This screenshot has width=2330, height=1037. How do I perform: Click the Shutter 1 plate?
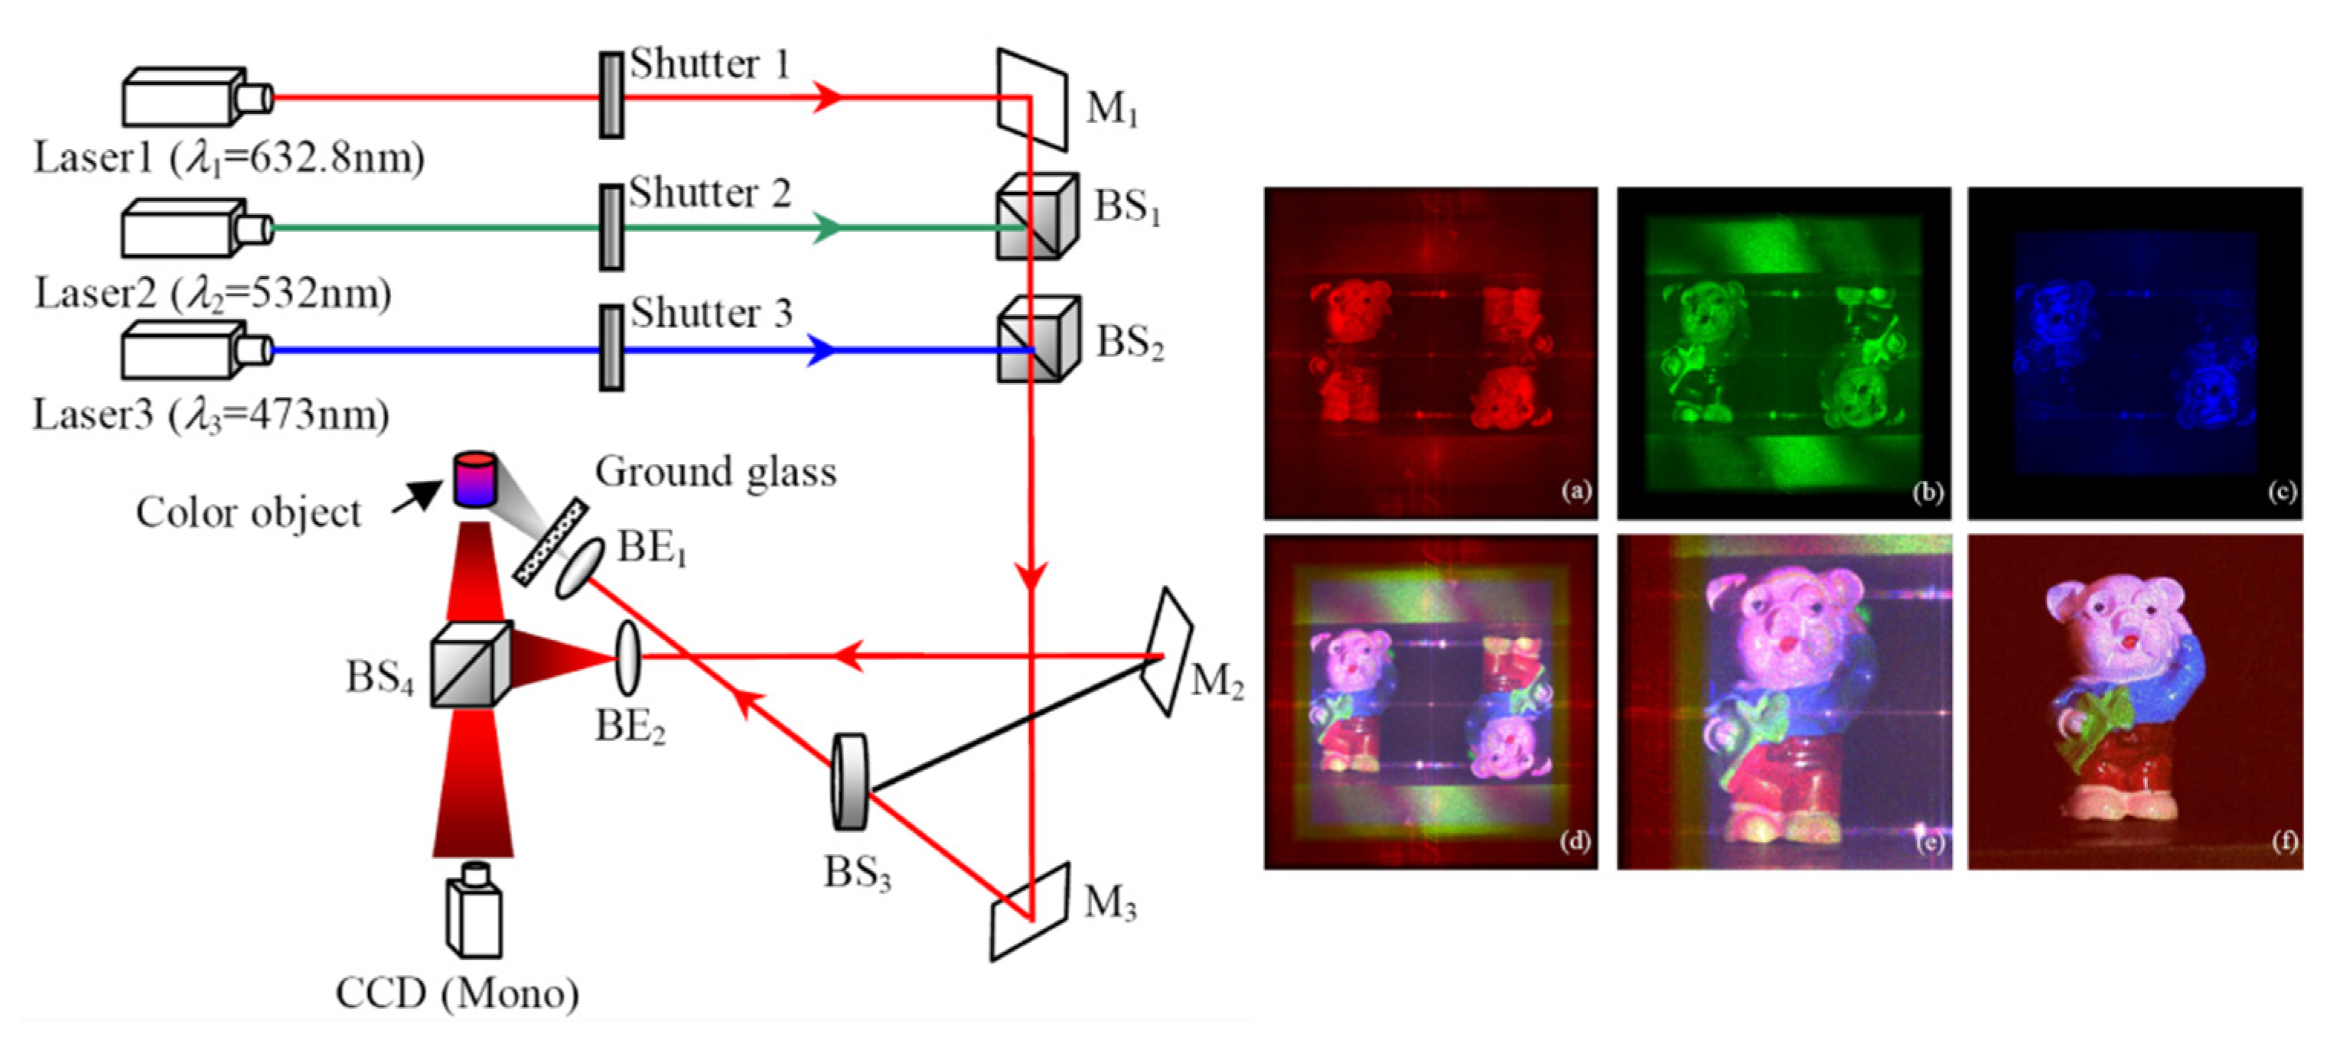click(x=612, y=95)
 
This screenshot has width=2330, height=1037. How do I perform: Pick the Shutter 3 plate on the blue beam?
click(x=612, y=348)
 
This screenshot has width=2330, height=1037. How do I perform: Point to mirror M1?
click(x=1032, y=99)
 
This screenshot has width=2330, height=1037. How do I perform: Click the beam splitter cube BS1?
click(x=1037, y=217)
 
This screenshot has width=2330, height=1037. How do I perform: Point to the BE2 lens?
click(x=627, y=657)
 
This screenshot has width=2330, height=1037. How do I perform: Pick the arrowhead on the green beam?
click(x=825, y=228)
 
